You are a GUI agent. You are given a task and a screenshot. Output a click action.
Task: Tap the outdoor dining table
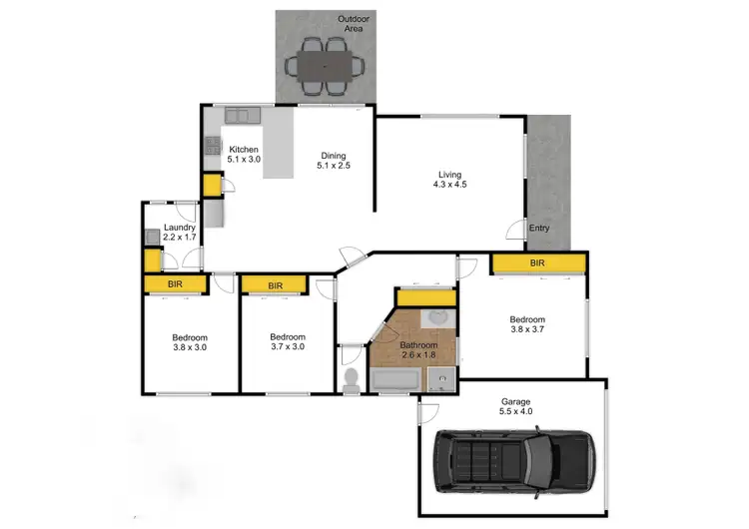(x=326, y=65)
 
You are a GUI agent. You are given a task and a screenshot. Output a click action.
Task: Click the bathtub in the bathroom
(x=396, y=380)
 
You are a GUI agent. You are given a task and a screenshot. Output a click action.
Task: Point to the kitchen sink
(x=241, y=116)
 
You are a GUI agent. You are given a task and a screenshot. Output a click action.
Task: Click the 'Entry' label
(x=539, y=229)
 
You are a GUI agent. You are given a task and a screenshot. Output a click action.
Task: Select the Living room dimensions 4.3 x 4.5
(x=450, y=184)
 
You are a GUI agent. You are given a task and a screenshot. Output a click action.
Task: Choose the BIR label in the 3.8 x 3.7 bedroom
(x=537, y=264)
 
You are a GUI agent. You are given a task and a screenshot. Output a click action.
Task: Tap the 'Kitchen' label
(x=244, y=149)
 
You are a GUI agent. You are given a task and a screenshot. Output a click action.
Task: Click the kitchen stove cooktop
(x=213, y=146)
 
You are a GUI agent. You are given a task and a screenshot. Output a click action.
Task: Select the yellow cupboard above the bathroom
(x=424, y=296)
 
